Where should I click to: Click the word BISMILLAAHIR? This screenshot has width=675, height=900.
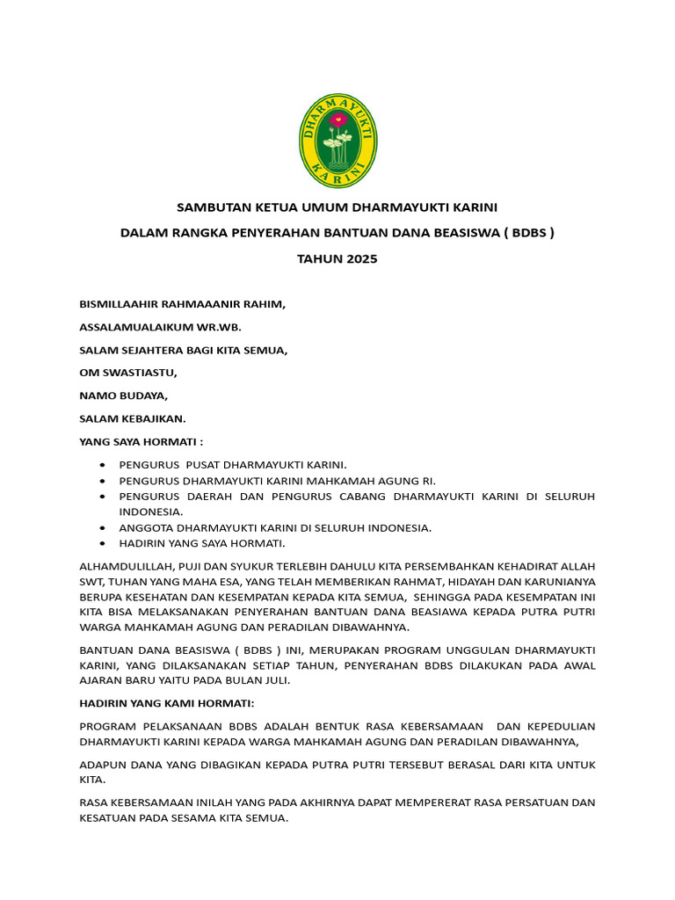(120, 304)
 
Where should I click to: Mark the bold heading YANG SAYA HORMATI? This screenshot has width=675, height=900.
(141, 441)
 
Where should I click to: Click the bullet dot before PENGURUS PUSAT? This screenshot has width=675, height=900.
(104, 464)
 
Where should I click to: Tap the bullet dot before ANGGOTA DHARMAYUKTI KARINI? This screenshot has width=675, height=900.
(104, 527)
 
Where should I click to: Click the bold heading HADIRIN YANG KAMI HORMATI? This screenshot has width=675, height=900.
(167, 704)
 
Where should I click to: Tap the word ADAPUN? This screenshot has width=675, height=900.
(101, 765)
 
